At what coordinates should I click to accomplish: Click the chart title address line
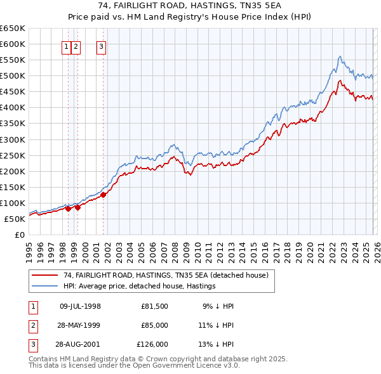tap(190, 6)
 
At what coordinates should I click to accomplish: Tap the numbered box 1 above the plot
tap(67, 46)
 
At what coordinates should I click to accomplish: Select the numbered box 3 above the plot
tap(102, 46)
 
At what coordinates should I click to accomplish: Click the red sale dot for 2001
tap(104, 195)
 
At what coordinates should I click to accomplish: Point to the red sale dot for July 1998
tap(69, 209)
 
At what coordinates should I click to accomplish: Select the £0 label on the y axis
tap(19, 235)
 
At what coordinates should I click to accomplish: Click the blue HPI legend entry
tap(140, 286)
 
